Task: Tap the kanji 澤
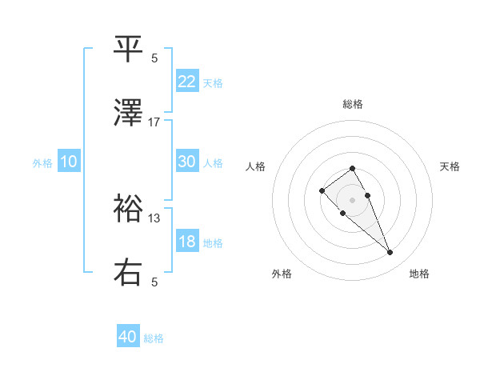click(129, 114)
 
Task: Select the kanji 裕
click(129, 210)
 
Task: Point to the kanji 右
click(129, 272)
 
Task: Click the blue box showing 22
click(187, 82)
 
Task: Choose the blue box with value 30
click(187, 162)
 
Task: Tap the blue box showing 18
click(187, 242)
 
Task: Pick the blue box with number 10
click(69, 162)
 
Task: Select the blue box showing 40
click(128, 338)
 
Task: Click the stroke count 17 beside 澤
click(154, 122)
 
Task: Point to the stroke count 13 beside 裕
click(154, 218)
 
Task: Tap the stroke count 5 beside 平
click(154, 58)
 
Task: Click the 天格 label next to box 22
click(213, 82)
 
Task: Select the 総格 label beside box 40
click(154, 338)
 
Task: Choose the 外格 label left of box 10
click(42, 162)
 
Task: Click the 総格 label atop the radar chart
click(353, 104)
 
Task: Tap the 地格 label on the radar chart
click(419, 274)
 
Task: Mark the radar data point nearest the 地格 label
click(390, 253)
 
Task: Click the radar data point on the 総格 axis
click(352, 168)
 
